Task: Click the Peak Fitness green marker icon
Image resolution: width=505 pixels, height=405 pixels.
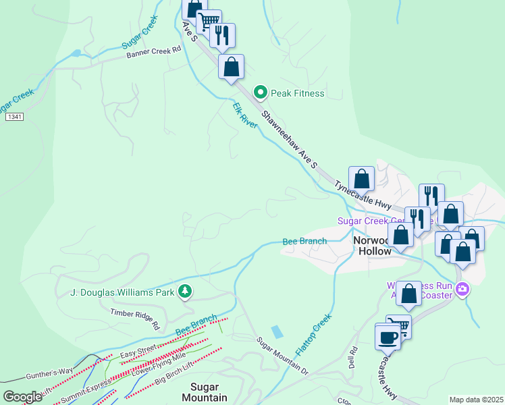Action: pyautogui.click(x=259, y=92)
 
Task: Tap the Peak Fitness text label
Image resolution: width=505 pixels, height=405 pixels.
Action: pyautogui.click(x=298, y=93)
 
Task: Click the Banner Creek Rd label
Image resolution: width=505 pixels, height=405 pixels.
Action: pyautogui.click(x=155, y=51)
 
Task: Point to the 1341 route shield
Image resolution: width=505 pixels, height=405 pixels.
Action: pyautogui.click(x=14, y=117)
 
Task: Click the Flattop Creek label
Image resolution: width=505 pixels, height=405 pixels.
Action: pyautogui.click(x=314, y=335)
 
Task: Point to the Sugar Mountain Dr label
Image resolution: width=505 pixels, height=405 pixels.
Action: pyautogui.click(x=282, y=357)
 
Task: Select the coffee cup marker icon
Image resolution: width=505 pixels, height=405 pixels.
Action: pyautogui.click(x=388, y=336)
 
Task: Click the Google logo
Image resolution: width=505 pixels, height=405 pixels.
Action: pyautogui.click(x=22, y=397)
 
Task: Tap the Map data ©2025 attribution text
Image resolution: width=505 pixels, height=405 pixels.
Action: pyautogui.click(x=476, y=400)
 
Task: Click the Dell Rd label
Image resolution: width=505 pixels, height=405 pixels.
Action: pyautogui.click(x=353, y=358)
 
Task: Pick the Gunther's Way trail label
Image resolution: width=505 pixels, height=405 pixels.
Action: pyautogui.click(x=50, y=372)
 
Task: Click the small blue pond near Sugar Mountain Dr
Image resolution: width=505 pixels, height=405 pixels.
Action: pyautogui.click(x=277, y=332)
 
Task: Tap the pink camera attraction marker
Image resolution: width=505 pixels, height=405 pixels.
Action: pyautogui.click(x=462, y=290)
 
